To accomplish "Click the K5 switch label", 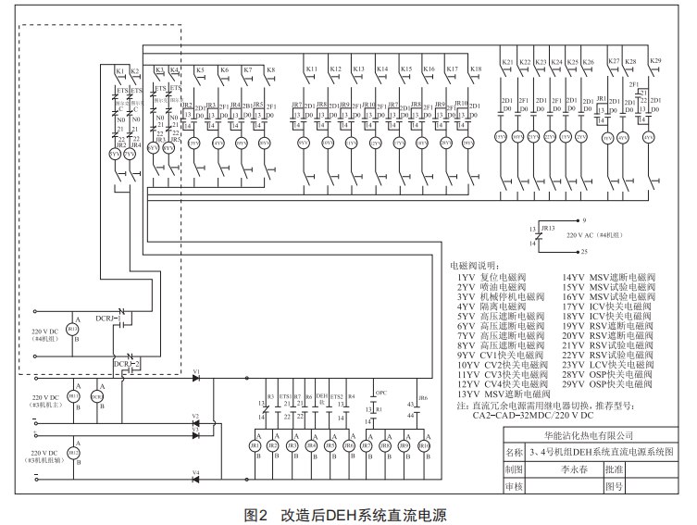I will (x=200, y=70).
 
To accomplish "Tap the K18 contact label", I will (x=476, y=70).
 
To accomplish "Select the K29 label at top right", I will (x=656, y=62).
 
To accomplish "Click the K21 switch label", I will (x=507, y=63).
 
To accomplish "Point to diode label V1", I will (x=195, y=372).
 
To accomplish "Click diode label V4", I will (x=195, y=472).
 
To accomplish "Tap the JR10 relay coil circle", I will (x=424, y=445).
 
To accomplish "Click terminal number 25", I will (x=583, y=251).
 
